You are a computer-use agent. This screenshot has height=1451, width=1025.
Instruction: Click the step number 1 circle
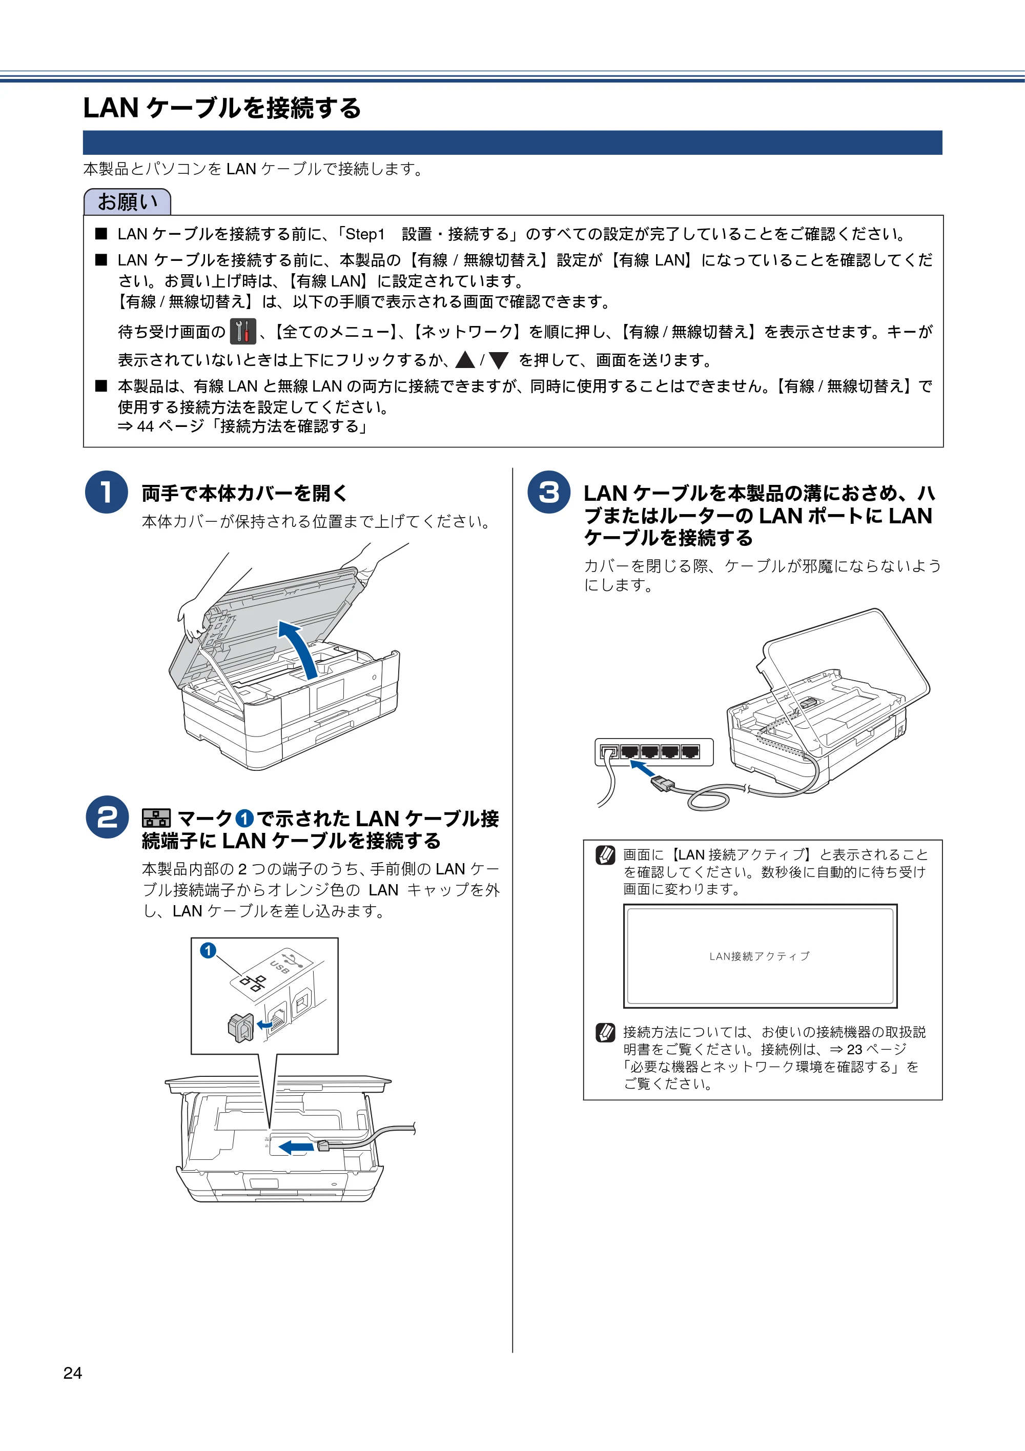pyautogui.click(x=107, y=493)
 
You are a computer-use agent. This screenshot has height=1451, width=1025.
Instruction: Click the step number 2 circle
pyautogui.click(x=107, y=817)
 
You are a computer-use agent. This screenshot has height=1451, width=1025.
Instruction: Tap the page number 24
pyautogui.click(x=73, y=1373)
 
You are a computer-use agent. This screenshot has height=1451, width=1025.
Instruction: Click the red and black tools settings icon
pyautogui.click(x=242, y=332)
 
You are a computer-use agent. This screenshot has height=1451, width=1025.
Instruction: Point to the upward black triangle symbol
pyautogui.click(x=465, y=360)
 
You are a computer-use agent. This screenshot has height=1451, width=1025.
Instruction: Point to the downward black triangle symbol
pyautogui.click(x=499, y=360)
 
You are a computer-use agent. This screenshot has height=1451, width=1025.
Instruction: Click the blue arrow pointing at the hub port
pyautogui.click(x=642, y=769)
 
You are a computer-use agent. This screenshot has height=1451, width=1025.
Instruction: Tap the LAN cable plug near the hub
pyautogui.click(x=663, y=783)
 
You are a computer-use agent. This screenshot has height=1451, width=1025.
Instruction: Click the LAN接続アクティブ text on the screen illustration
pyautogui.click(x=760, y=956)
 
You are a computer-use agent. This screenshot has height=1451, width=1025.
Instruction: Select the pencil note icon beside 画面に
pyautogui.click(x=605, y=855)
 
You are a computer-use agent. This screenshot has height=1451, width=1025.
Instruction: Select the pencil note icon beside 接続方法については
pyautogui.click(x=605, y=1033)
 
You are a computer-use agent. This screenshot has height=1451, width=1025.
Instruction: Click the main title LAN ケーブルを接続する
pyautogui.click(x=222, y=108)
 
